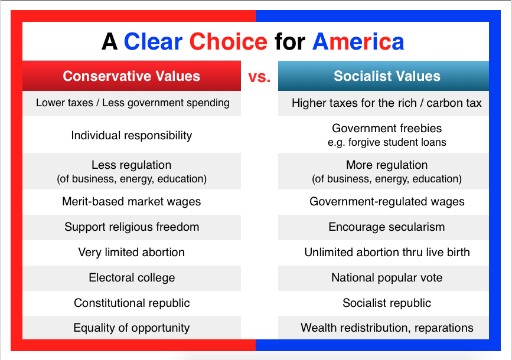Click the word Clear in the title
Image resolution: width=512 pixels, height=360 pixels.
[153, 42]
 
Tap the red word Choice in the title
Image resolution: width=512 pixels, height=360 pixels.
[229, 42]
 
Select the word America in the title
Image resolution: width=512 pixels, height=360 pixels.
[358, 42]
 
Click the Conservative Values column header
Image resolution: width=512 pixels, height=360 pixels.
[131, 76]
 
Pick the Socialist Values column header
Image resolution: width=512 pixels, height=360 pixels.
[387, 76]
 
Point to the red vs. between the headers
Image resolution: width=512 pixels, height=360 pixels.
[259, 77]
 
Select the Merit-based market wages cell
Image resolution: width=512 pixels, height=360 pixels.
[132, 201]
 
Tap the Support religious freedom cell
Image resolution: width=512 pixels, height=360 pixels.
[132, 227]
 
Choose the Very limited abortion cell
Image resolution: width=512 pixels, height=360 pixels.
[132, 252]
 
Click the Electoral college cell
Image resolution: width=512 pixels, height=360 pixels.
[132, 278]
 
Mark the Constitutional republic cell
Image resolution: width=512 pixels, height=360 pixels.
[132, 303]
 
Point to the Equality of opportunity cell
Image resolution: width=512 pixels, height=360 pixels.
[132, 328]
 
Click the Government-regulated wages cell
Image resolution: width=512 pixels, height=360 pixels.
[387, 201]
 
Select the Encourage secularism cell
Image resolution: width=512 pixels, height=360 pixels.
[387, 227]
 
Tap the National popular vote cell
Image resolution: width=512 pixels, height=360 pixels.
[387, 278]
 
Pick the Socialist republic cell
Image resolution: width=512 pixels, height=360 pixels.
[387, 303]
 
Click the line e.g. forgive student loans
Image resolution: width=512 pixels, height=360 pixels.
[387, 143]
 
